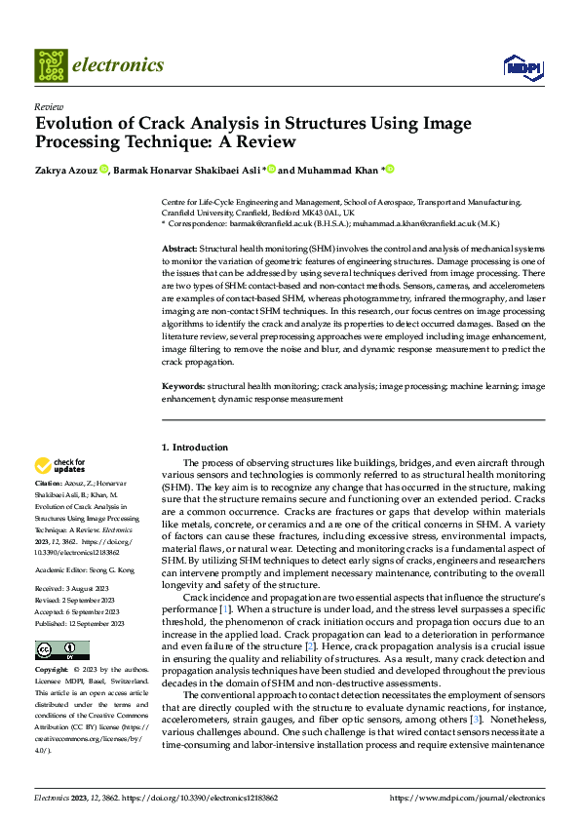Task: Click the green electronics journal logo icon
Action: [x=50, y=66]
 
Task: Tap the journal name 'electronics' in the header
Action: [x=118, y=65]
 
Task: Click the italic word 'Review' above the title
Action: [x=49, y=107]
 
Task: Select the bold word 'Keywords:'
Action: [x=182, y=386]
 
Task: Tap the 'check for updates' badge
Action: [x=59, y=465]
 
